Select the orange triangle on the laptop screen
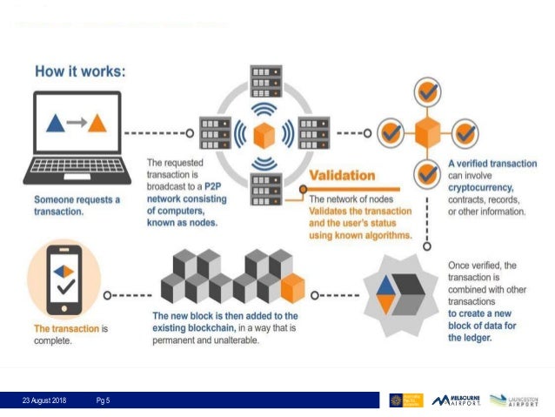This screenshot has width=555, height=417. click(x=97, y=123)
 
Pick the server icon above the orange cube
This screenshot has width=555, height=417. click(x=264, y=83)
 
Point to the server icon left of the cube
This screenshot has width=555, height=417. click(x=213, y=134)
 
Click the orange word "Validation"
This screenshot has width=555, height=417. click(x=342, y=176)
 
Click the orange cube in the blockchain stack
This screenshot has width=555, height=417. click(x=293, y=286)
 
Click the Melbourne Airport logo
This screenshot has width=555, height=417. click(x=458, y=400)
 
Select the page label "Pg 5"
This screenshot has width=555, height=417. click(x=103, y=400)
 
